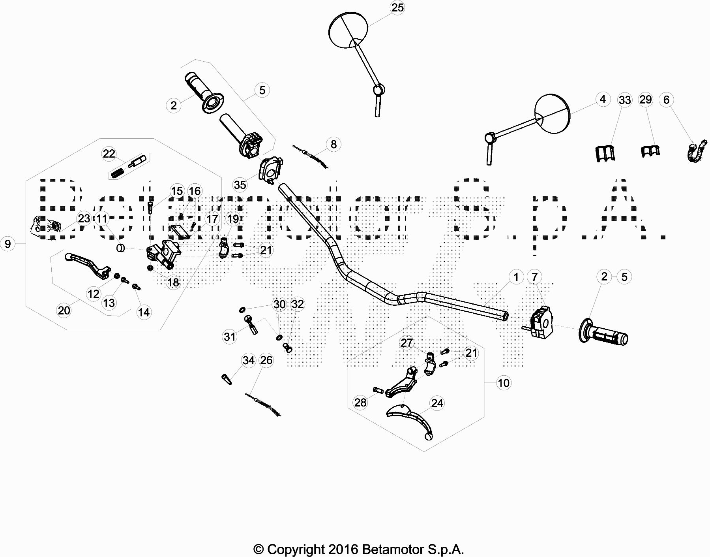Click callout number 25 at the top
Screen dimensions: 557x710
point(397,8)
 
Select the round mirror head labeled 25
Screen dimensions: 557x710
point(348,32)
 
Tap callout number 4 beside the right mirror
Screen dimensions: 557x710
point(602,99)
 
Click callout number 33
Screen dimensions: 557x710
point(625,100)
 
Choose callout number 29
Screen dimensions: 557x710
point(646,100)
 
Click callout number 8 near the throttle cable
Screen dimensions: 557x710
point(333,144)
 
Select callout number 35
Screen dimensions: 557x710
point(240,184)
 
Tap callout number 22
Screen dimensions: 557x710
point(109,154)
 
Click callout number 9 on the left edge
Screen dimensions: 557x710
point(8,244)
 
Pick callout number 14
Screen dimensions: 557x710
point(144,312)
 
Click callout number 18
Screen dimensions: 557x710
point(173,282)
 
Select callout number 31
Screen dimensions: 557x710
point(230,337)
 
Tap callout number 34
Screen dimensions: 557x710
point(249,360)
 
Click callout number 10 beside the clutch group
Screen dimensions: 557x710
point(504,382)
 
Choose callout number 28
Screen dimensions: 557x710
point(360,402)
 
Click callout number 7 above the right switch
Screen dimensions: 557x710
point(534,277)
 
